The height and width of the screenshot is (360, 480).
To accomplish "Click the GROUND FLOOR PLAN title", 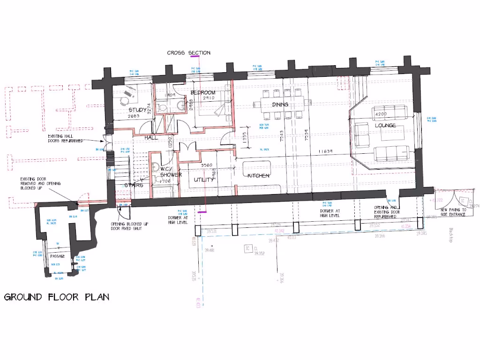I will pyautogui.click(x=57, y=297).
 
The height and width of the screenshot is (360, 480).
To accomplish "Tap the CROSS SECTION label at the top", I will pyautogui.click(x=188, y=53).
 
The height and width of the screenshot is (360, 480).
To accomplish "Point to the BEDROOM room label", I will pyautogui.click(x=203, y=92).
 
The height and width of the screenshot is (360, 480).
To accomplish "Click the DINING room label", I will pyautogui.click(x=280, y=105).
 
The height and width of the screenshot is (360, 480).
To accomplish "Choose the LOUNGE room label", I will pyautogui.click(x=385, y=126).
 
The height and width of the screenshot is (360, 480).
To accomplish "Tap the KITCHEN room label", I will pyautogui.click(x=258, y=176).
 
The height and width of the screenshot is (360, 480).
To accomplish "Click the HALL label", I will pyautogui.click(x=151, y=138).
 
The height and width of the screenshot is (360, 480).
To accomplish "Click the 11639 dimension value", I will pyautogui.click(x=325, y=151).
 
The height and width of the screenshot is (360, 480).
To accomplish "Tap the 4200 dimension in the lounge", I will pyautogui.click(x=381, y=114).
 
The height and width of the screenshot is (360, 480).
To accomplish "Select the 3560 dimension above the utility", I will pyautogui.click(x=207, y=165).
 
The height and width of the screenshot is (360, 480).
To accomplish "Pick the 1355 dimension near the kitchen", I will pyautogui.click(x=245, y=136).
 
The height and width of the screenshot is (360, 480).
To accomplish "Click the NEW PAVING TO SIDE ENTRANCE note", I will pyautogui.click(x=453, y=212).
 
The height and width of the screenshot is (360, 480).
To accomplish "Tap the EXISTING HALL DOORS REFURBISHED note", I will pyautogui.click(x=66, y=138).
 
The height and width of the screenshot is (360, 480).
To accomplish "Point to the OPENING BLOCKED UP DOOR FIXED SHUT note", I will pyautogui.click(x=129, y=226).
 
